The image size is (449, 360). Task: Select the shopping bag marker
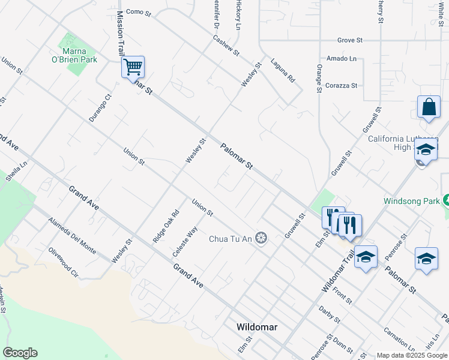tap(429, 108)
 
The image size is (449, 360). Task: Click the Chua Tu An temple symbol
tap(261, 239)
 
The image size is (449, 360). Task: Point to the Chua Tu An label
tap(231, 239)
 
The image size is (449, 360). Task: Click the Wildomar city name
tap(257, 327)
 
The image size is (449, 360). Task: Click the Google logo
tap(20, 353)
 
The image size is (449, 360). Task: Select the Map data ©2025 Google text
tap(412, 355)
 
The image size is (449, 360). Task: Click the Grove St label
tap(350, 40)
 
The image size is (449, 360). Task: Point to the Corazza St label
tap(341, 86)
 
